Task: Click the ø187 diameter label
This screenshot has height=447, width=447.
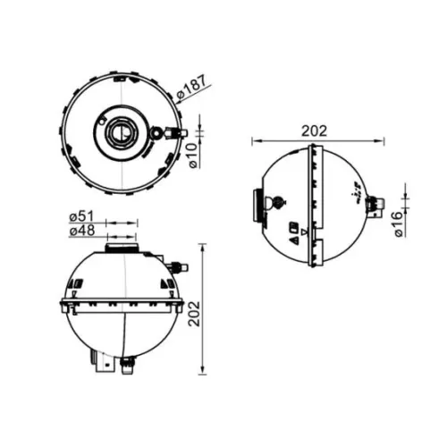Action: pyautogui.click(x=191, y=87)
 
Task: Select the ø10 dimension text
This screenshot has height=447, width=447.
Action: pyautogui.click(x=193, y=156)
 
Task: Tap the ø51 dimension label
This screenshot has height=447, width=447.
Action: pyautogui.click(x=81, y=216)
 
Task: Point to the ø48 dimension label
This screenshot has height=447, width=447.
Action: pyautogui.click(x=82, y=231)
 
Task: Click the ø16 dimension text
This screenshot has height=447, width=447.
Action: pyautogui.click(x=399, y=224)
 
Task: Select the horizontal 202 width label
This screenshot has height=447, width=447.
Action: pyautogui.click(x=314, y=131)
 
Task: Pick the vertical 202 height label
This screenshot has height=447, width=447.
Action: pyautogui.click(x=195, y=314)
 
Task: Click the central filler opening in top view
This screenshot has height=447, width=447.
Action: pyautogui.click(x=122, y=132)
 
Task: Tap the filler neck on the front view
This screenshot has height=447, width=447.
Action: pyautogui.click(x=122, y=248)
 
